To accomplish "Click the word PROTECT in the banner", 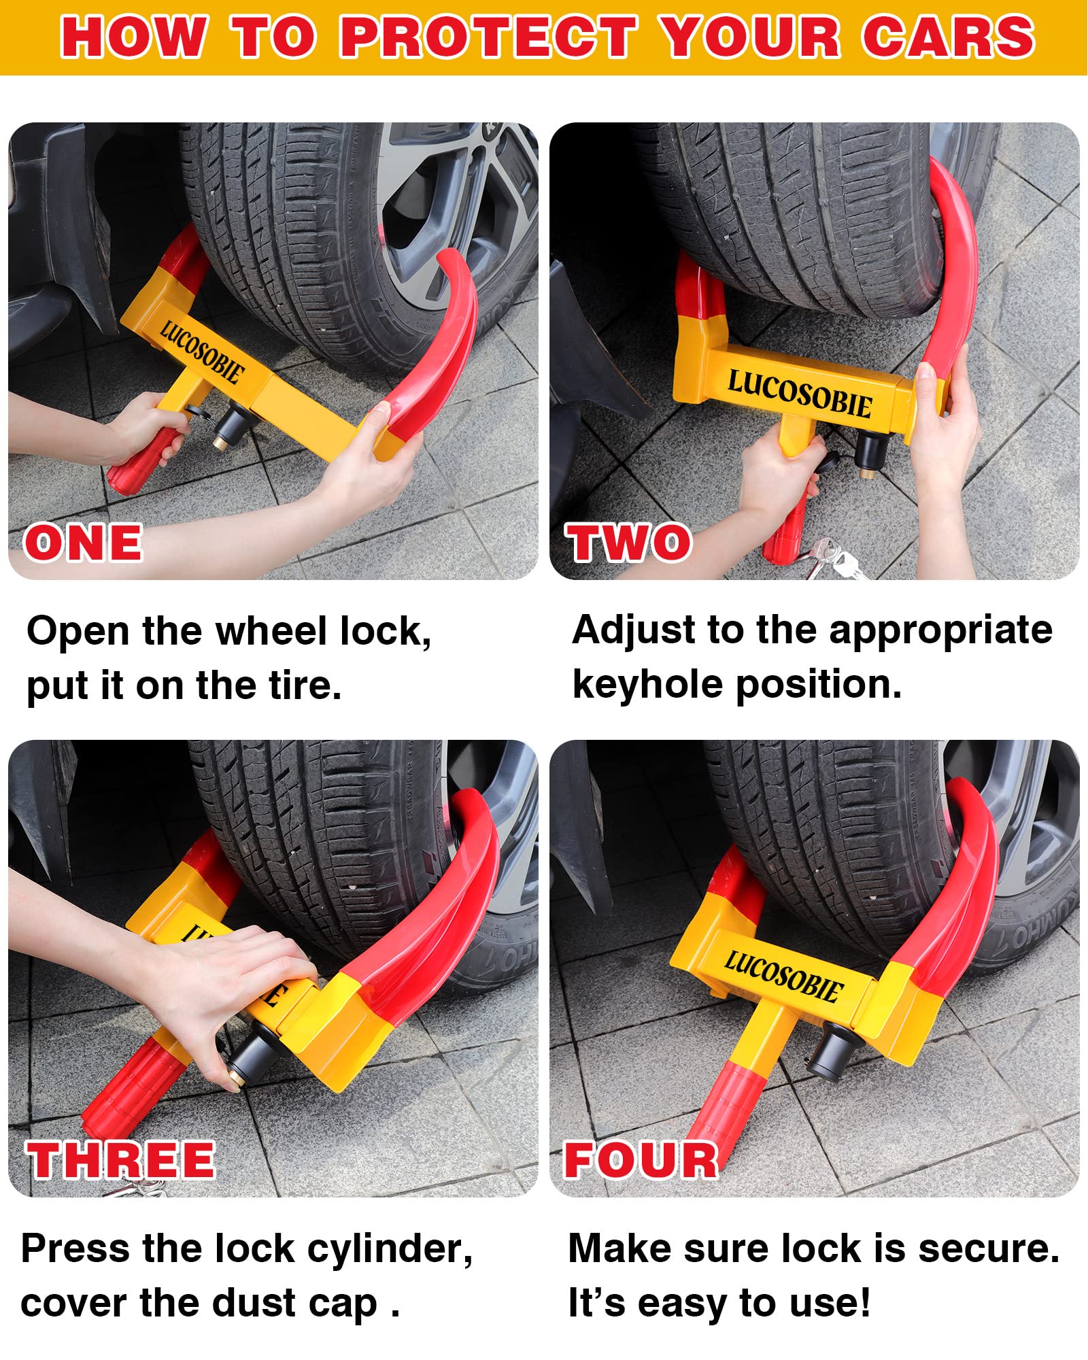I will tap(488, 37).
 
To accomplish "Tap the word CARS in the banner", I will tap(949, 37).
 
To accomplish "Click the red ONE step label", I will tap(83, 543).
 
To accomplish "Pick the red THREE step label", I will tap(121, 1159).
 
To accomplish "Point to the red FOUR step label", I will tap(641, 1159).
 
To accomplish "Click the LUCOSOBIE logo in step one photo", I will tap(201, 352).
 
